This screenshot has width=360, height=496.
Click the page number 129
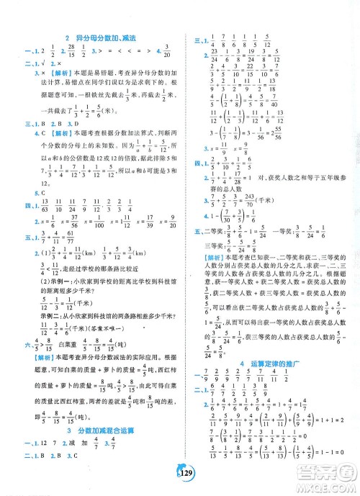[x=180, y=480]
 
